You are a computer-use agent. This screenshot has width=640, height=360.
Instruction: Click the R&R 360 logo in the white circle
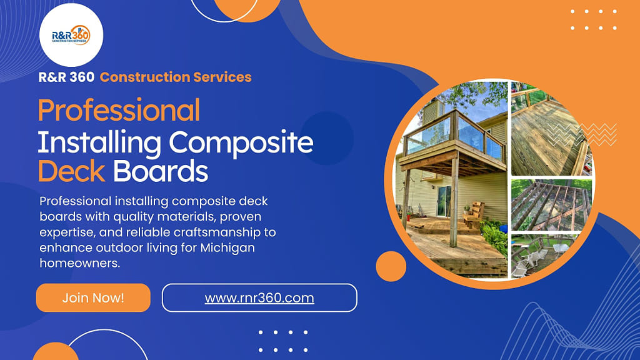71,35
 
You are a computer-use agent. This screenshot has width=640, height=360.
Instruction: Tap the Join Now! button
93,297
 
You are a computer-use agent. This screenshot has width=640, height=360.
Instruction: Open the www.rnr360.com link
259,297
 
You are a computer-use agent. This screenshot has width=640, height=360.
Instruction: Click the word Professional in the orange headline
119,110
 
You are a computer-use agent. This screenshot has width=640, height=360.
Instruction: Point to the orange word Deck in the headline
71,171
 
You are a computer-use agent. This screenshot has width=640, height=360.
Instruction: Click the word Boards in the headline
161,171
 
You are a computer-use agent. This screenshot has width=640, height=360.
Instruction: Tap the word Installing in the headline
99,144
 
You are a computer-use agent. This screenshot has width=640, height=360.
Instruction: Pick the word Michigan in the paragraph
227,248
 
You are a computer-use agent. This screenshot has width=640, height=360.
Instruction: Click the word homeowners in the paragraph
79,263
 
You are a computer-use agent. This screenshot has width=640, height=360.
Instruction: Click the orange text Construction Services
176,77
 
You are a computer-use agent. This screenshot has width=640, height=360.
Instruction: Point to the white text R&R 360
66,77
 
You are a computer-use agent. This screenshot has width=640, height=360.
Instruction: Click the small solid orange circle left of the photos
391,266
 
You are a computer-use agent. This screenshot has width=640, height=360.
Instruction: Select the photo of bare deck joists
551,205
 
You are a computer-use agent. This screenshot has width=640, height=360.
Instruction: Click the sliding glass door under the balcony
444,201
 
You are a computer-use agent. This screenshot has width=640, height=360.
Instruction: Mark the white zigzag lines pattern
582,134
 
